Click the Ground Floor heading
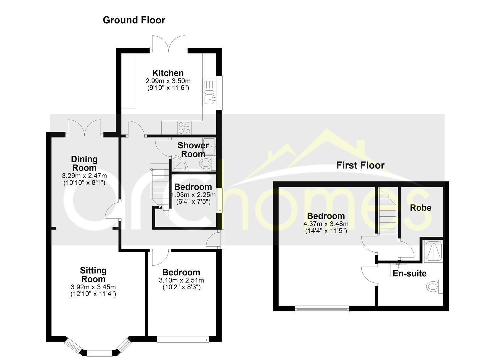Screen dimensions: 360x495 [x=134, y=20]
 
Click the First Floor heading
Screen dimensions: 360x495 [x=360, y=165]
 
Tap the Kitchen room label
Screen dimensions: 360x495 [x=168, y=73]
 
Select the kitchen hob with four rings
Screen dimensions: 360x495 [x=185, y=127]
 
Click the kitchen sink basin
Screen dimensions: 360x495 [x=210, y=98]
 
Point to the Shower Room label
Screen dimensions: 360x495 [x=193, y=149]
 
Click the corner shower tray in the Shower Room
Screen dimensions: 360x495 [x=180, y=164]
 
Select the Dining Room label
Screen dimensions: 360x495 [x=84, y=163]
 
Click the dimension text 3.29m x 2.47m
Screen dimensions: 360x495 [x=84, y=176]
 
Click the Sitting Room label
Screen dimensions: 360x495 [x=93, y=275]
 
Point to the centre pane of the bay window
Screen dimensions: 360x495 [x=99, y=352]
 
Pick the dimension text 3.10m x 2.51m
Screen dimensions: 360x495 [x=181, y=280]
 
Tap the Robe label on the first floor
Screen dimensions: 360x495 [x=420, y=208]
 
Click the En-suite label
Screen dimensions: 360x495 [x=409, y=273]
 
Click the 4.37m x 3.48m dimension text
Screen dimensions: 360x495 [x=326, y=224]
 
